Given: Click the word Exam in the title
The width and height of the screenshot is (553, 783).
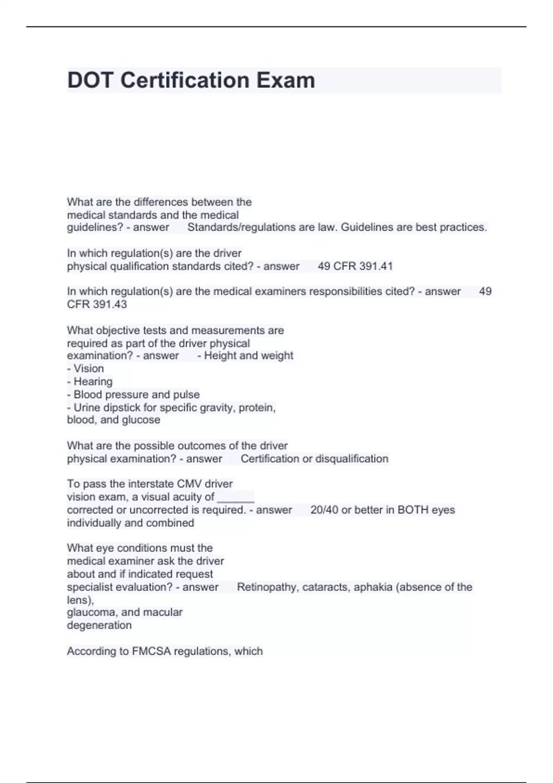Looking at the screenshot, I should (x=286, y=80).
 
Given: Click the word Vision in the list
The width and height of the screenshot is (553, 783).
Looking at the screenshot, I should (x=88, y=368).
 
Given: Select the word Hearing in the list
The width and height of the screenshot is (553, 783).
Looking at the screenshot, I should (x=93, y=381).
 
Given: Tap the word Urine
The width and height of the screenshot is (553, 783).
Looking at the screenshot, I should (x=87, y=408).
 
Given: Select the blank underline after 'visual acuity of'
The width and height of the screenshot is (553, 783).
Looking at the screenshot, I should (x=235, y=497).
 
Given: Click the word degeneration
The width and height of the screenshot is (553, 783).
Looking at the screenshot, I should (x=99, y=625).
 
